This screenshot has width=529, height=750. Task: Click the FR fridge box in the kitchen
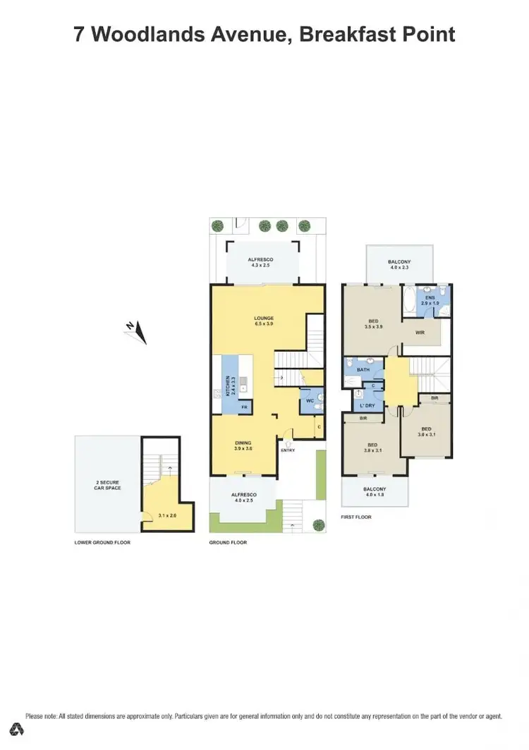[x=244, y=407]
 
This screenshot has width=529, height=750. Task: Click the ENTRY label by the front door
[x=288, y=450]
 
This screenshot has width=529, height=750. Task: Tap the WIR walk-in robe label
[x=420, y=332]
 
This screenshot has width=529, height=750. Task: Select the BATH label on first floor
[x=363, y=369]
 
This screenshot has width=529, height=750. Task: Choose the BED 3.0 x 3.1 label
[x=426, y=432]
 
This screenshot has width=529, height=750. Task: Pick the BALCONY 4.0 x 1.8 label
[x=375, y=492]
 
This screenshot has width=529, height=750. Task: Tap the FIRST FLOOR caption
[x=356, y=517]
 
